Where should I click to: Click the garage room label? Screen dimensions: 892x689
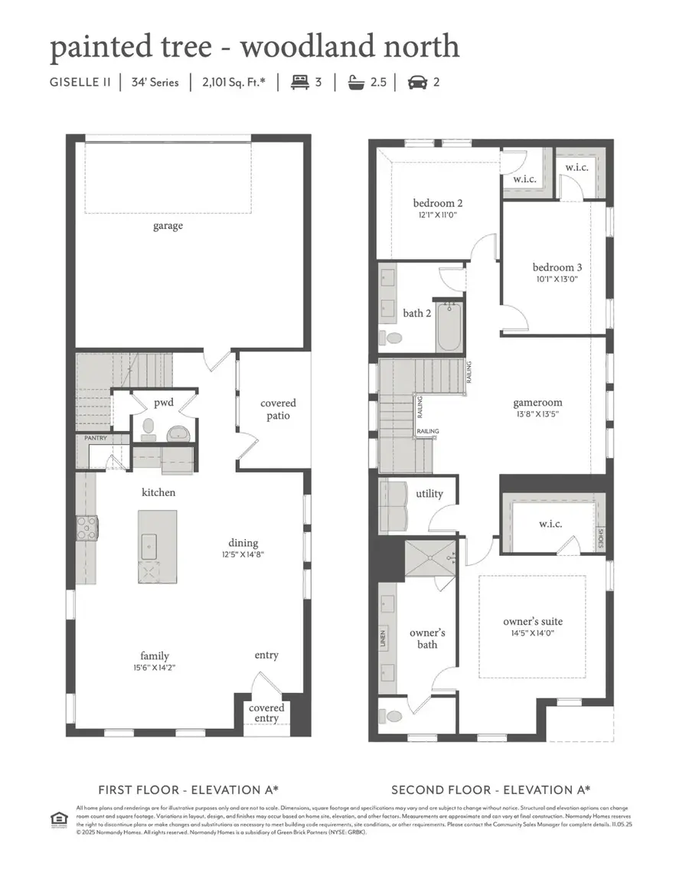[x=168, y=226]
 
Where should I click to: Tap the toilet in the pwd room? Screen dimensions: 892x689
[x=149, y=426]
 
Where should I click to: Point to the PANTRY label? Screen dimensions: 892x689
[x=96, y=438]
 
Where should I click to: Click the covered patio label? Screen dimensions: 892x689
[x=278, y=409]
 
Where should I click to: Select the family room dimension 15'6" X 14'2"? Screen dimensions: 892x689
[x=155, y=667]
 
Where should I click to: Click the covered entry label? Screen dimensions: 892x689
[x=266, y=713]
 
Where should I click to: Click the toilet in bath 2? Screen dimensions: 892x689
[x=393, y=338]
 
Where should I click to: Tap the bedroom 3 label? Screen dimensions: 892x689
[x=557, y=267]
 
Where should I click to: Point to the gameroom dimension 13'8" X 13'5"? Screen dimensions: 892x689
[x=537, y=413]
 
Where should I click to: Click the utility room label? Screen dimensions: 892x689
[x=429, y=494]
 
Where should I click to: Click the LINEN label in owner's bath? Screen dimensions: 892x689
[x=384, y=637]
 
